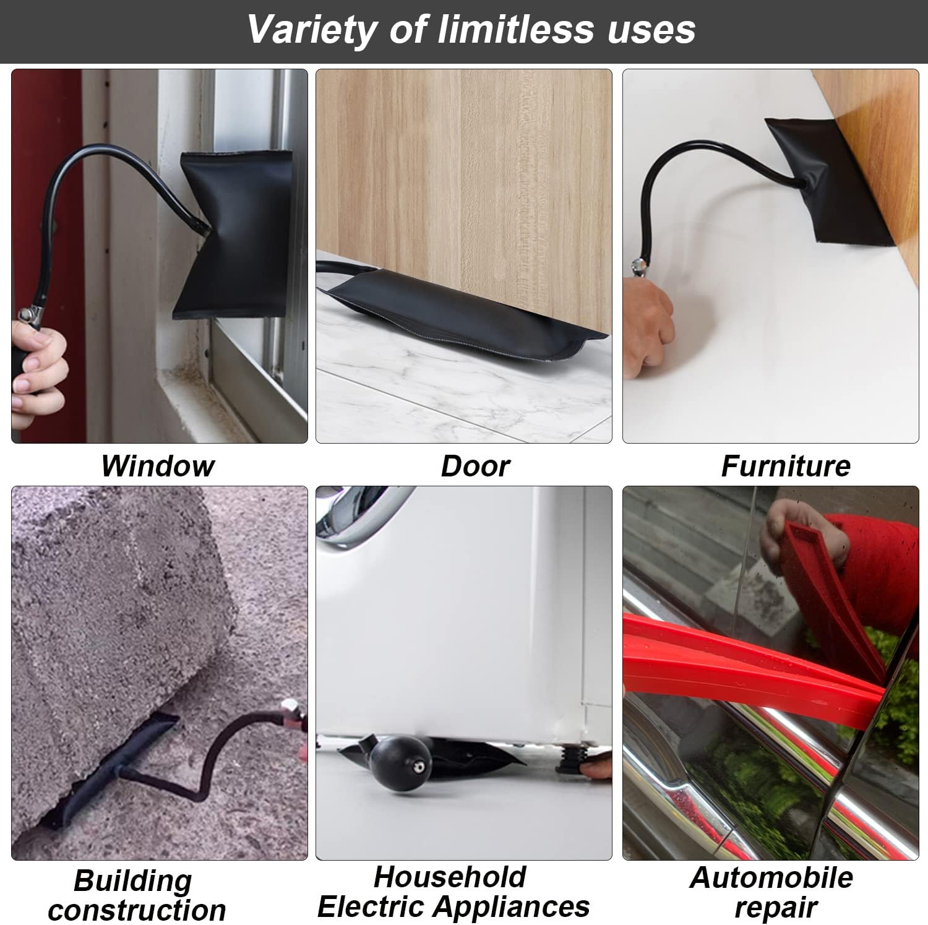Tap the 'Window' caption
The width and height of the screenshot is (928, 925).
(x=158, y=466)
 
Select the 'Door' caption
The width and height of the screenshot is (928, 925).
(x=475, y=466)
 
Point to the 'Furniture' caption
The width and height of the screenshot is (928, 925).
(x=786, y=466)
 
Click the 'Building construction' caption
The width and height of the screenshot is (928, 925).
(x=137, y=895)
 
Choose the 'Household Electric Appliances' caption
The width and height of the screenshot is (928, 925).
(x=453, y=892)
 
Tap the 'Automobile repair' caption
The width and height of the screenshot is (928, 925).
(x=771, y=892)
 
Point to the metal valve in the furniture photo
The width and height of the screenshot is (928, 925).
(x=637, y=267)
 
